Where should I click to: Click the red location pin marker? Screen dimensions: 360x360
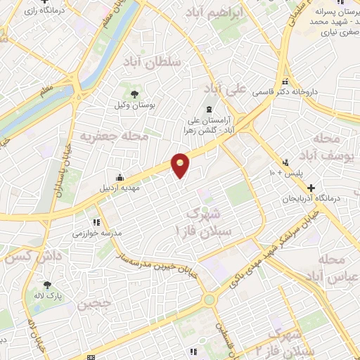(x=181, y=165)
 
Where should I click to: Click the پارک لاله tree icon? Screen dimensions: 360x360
(x=47, y=285)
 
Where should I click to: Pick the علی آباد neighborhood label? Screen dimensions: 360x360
(x=227, y=88)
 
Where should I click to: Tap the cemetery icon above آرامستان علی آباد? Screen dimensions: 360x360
(x=209, y=108)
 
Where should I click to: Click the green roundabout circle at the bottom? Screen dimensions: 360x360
(x=209, y=300)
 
